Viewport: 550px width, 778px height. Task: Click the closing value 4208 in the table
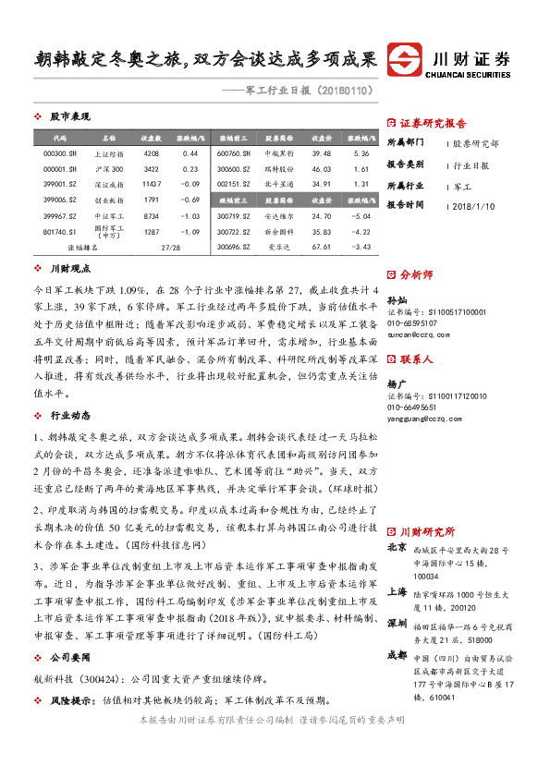152,152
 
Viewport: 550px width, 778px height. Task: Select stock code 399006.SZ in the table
59,199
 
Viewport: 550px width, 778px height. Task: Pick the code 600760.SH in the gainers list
234,152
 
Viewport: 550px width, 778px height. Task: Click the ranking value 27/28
170,247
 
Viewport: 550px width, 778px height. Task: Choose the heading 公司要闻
70,656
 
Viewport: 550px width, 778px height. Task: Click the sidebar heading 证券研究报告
433,123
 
